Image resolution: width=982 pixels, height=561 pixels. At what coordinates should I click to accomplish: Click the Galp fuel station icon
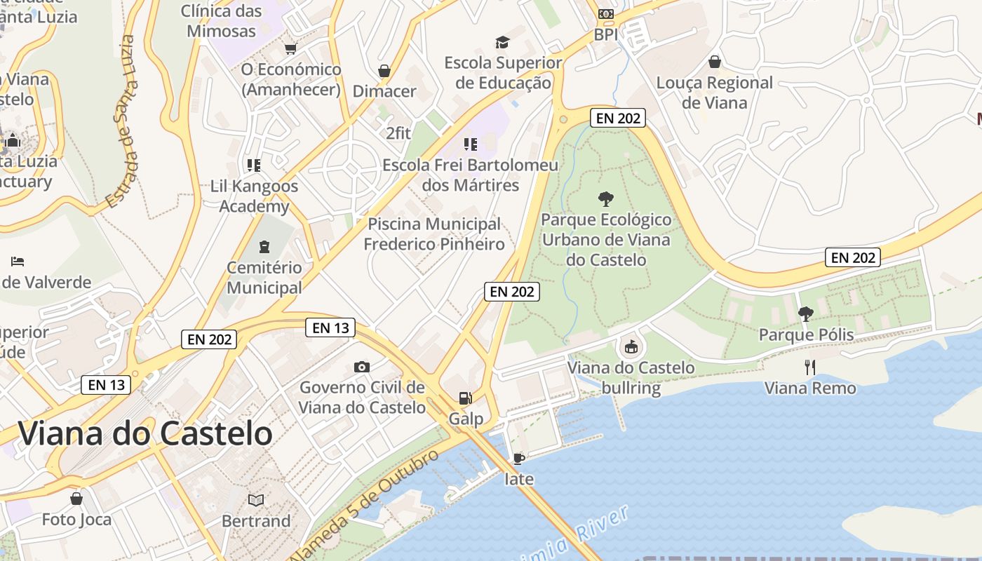[x=465, y=398]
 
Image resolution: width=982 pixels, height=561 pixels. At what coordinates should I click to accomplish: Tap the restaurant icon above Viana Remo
[x=810, y=367]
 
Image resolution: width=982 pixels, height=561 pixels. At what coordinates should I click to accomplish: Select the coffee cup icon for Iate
[x=518, y=459]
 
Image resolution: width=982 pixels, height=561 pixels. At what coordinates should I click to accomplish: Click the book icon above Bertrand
[x=256, y=500]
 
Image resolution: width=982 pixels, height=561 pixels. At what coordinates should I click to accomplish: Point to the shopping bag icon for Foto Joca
[x=76, y=499]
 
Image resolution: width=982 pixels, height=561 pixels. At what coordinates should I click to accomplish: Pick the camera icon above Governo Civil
[x=362, y=367]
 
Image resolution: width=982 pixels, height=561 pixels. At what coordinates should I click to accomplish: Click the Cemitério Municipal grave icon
[x=264, y=247]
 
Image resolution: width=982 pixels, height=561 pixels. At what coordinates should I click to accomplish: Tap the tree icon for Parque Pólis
[x=806, y=313]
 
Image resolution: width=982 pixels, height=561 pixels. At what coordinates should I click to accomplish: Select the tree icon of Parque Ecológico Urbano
[x=605, y=198]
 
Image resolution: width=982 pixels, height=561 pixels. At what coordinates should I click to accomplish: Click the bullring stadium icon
[x=631, y=346]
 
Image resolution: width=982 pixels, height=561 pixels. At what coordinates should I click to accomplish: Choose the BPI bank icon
[x=605, y=14]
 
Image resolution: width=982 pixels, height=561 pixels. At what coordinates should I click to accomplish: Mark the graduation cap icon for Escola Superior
[x=502, y=42]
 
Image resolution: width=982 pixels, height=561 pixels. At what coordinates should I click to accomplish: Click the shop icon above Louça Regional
[x=715, y=62]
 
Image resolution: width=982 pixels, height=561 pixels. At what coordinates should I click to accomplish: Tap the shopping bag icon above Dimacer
[x=384, y=71]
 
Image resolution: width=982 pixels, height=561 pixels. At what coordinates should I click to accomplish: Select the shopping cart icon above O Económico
[x=290, y=48]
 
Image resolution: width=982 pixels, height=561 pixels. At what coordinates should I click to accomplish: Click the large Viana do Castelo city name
[x=145, y=433]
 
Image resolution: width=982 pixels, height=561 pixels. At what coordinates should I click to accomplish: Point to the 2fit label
[x=398, y=133]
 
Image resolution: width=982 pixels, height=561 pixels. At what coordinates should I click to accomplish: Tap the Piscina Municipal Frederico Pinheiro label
[x=434, y=234]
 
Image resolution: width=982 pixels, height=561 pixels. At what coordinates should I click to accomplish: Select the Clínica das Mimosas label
[x=221, y=21]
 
